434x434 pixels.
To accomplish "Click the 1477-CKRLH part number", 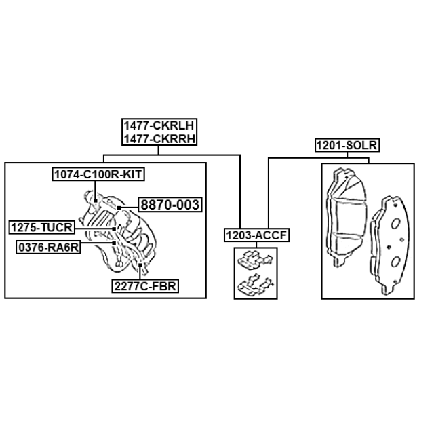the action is click(159, 125).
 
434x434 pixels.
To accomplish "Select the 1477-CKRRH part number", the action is click(159, 138).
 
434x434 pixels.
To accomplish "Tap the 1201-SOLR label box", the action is click(347, 145).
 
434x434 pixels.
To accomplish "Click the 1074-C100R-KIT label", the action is click(98, 174).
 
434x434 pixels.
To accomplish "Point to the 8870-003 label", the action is click(170, 205).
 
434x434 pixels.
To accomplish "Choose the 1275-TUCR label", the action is click(42, 228).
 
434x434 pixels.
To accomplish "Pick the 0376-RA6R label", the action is click(48, 247).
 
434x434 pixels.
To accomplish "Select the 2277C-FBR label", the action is click(145, 286).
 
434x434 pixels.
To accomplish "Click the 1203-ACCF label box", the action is click(256, 235).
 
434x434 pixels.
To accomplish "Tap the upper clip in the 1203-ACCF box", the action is click(255, 260).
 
